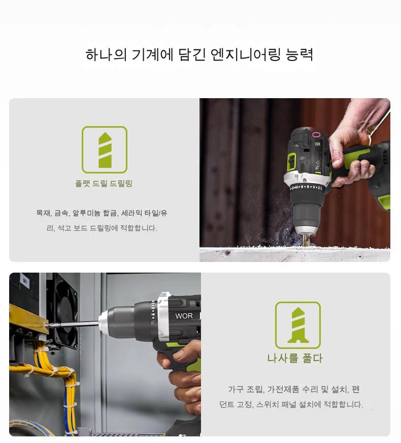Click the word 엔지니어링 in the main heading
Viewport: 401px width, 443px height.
[x=246, y=54]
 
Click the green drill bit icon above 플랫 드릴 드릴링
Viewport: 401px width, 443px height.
[x=105, y=150]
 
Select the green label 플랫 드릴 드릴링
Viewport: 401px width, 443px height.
[x=104, y=184]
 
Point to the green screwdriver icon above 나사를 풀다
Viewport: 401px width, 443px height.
[x=298, y=325]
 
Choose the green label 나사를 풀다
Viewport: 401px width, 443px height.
[x=295, y=358]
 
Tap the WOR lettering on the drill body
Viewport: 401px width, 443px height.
[x=184, y=316]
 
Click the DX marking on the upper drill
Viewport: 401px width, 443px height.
[x=318, y=144]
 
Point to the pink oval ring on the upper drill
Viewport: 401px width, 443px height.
[x=316, y=134]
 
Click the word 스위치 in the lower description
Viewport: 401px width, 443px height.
[x=266, y=404]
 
